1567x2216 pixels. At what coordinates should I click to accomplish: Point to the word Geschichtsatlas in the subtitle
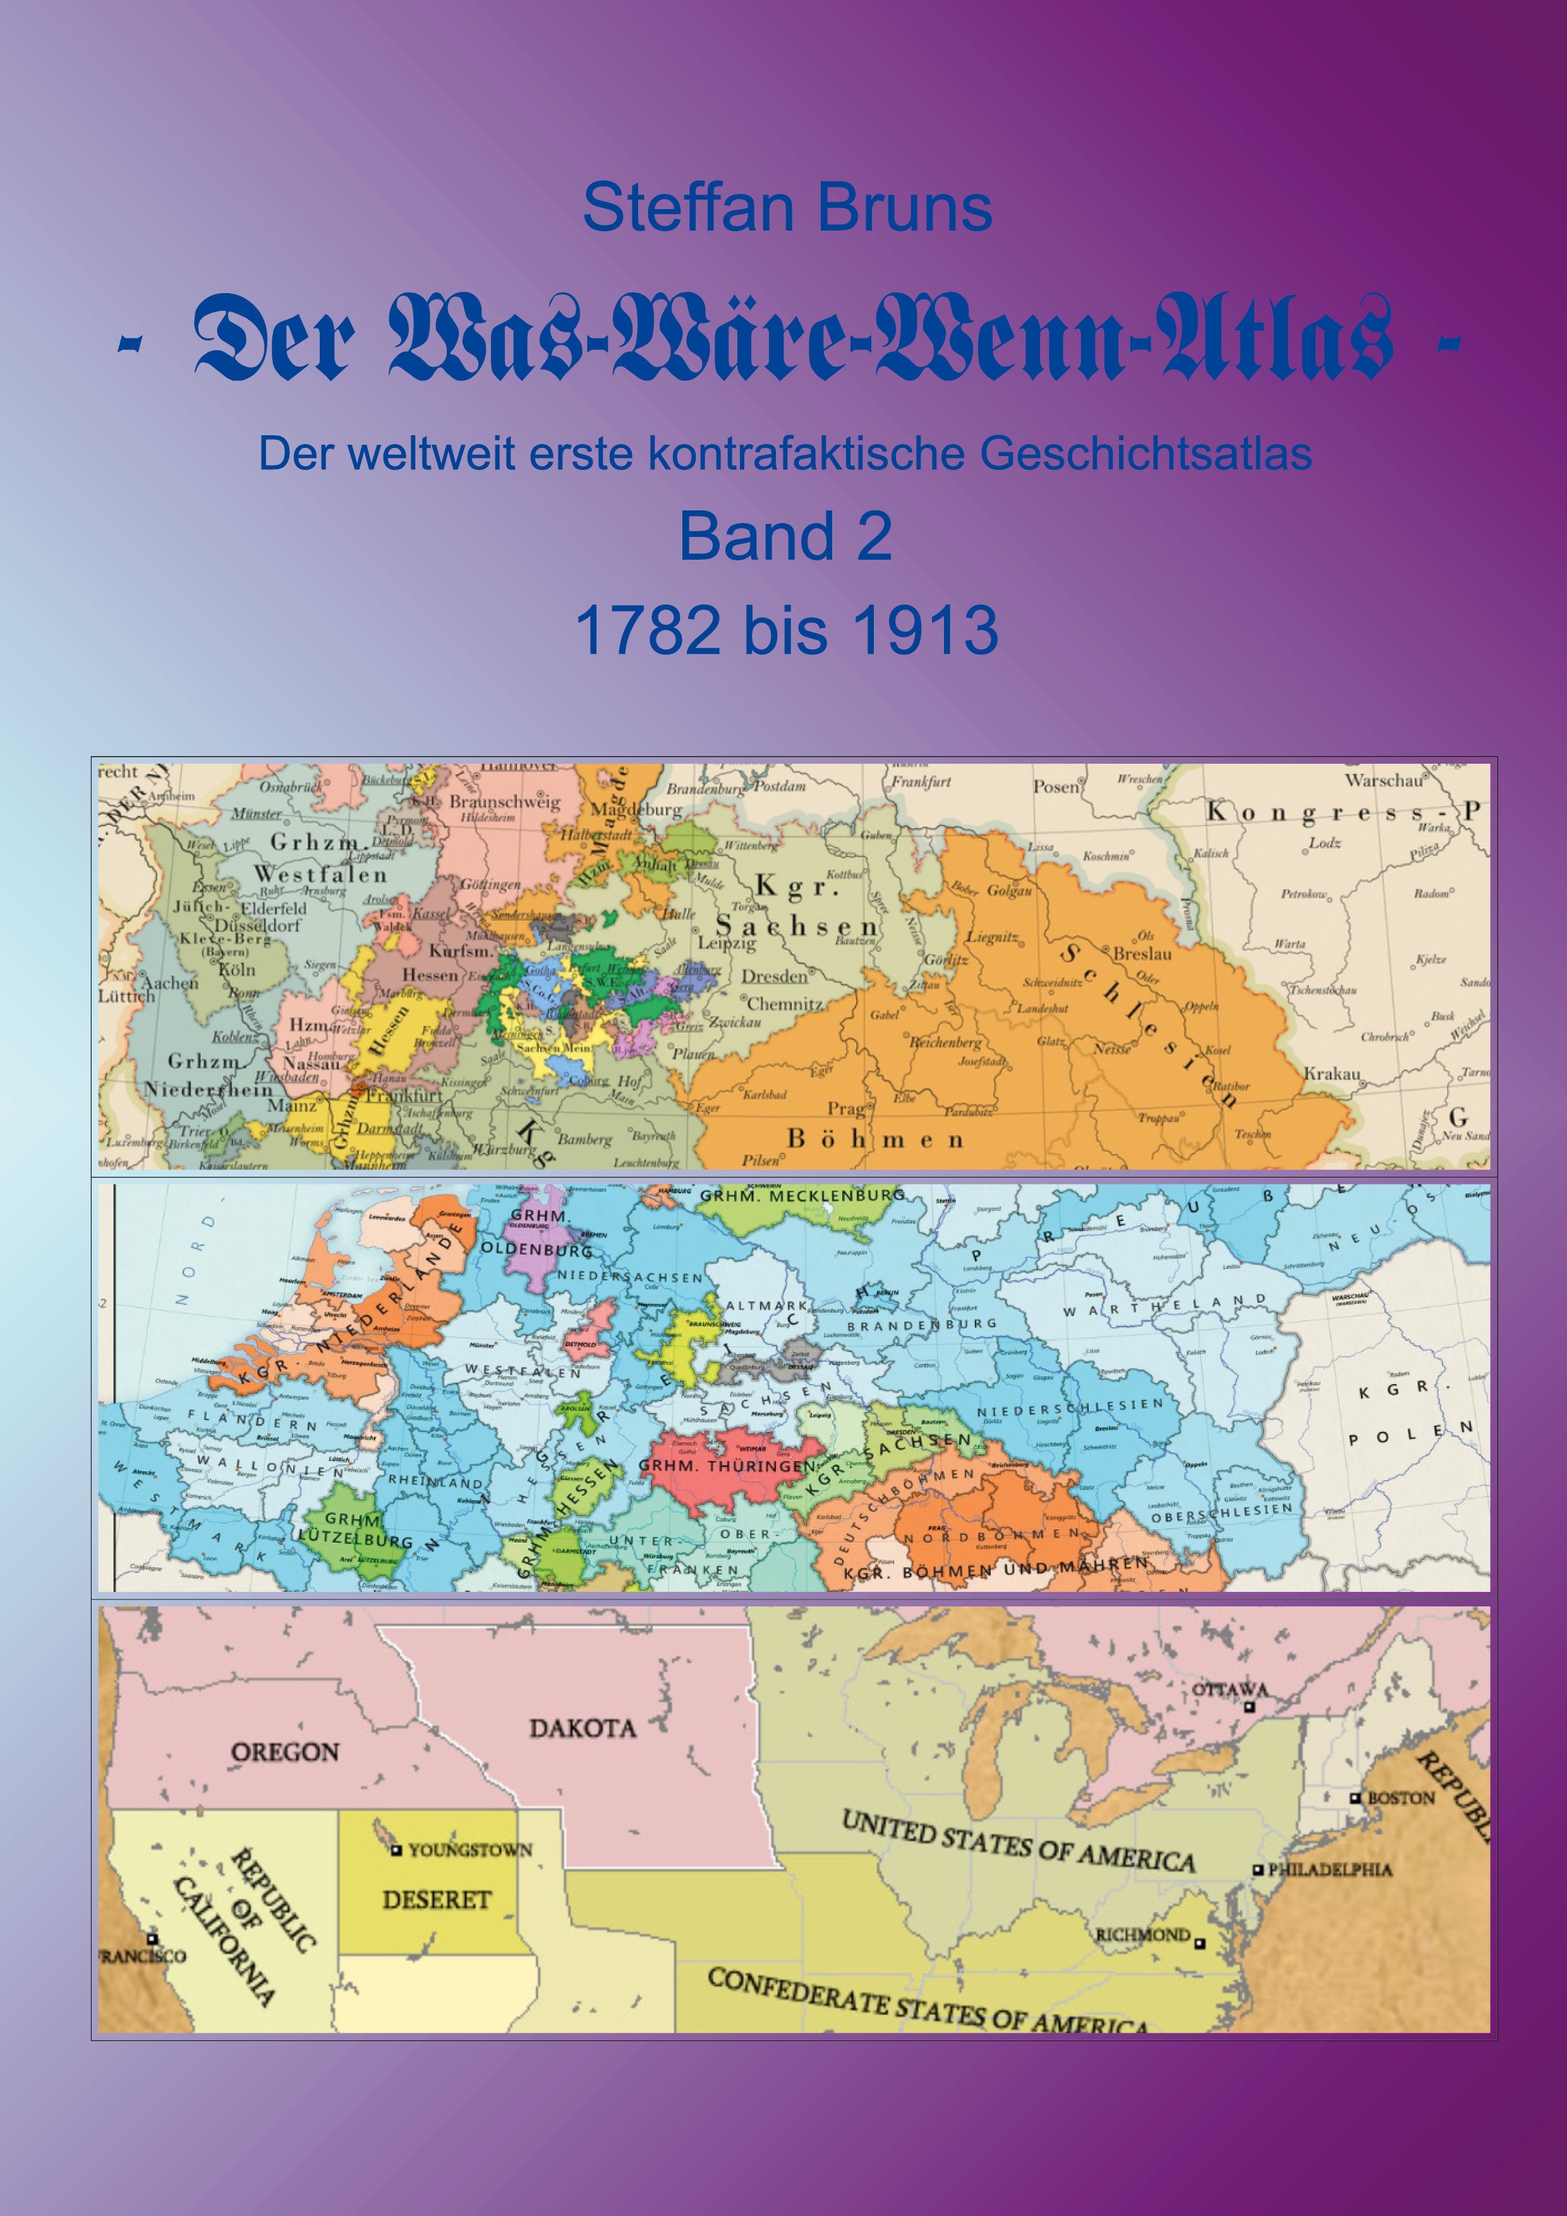click(1147, 454)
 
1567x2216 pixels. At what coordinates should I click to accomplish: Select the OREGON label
click(285, 1752)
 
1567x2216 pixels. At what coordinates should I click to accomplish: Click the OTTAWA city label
click(1230, 1690)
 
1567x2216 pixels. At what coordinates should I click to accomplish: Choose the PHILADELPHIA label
click(1331, 1869)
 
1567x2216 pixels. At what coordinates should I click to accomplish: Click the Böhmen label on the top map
click(874, 1139)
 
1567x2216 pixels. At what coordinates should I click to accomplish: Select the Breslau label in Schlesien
click(1142, 954)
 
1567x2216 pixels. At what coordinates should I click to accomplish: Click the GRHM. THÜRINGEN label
click(727, 1466)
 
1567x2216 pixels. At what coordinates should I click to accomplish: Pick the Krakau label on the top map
click(1333, 1073)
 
